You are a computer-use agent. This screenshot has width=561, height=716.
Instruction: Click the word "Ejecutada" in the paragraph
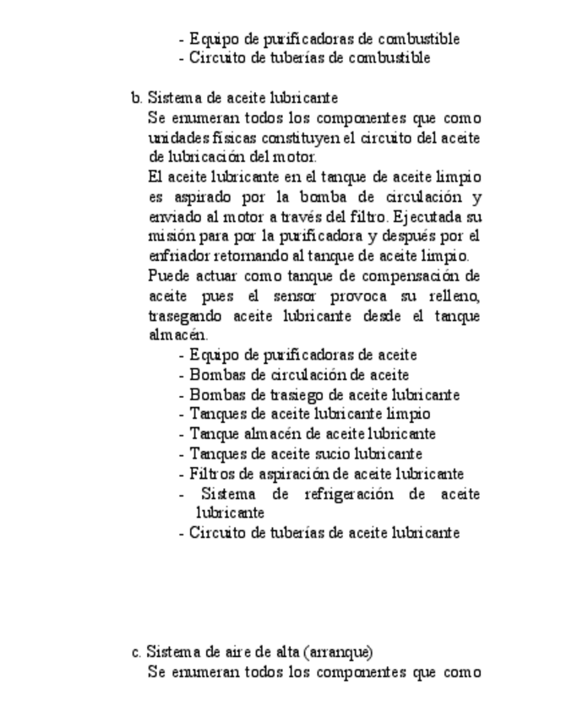point(431,216)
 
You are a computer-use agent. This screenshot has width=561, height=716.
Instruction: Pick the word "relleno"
point(455,296)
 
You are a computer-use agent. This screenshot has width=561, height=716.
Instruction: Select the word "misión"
point(167,236)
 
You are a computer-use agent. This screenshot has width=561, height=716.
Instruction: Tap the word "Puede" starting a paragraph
point(167,276)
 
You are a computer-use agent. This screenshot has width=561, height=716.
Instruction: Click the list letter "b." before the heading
point(136,97)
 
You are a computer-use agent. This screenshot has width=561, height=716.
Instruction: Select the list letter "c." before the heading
point(136,652)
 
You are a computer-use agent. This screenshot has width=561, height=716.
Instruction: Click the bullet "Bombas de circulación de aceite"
point(299,375)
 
